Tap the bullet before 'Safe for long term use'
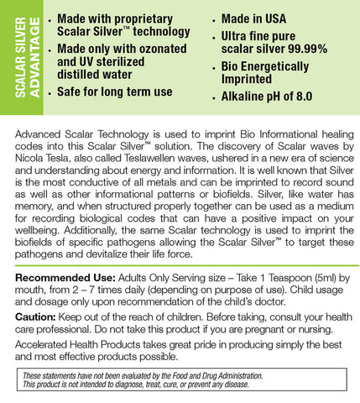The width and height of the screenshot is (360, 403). [54, 91]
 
